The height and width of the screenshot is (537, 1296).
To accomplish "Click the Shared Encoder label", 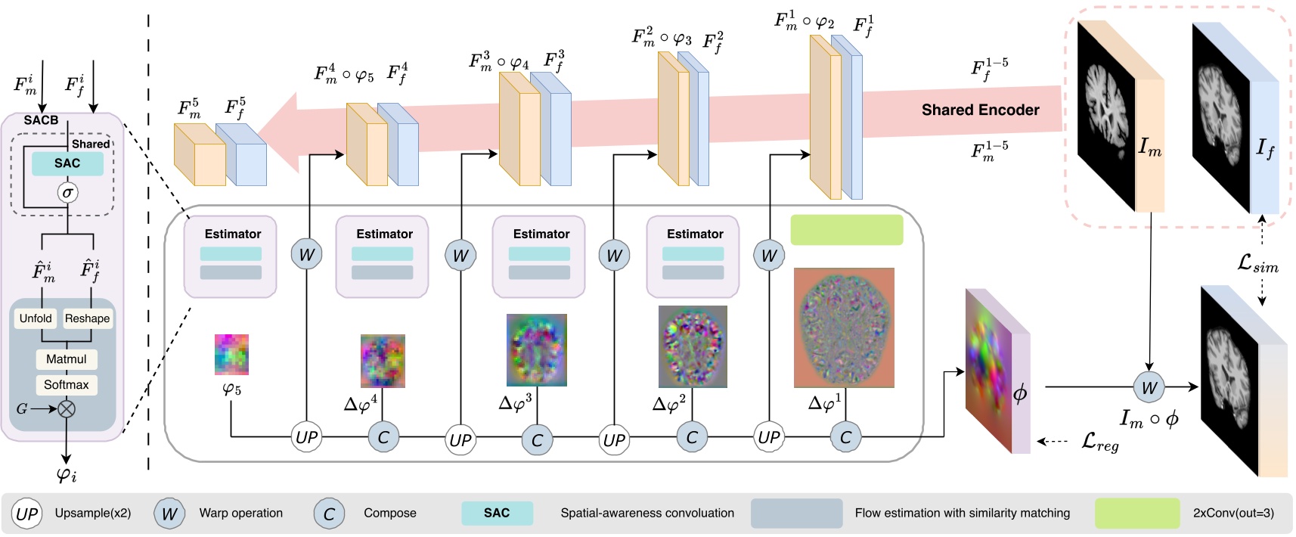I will pyautogui.click(x=980, y=110).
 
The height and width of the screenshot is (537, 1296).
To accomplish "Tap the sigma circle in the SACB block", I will pyautogui.click(x=68, y=192).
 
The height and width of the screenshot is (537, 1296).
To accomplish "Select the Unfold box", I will pyautogui.click(x=36, y=318).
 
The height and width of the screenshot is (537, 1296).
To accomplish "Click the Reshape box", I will pyautogui.click(x=87, y=318).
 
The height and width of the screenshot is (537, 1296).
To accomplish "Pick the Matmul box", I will pyautogui.click(x=67, y=359).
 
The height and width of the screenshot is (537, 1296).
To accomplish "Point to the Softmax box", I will pyautogui.click(x=67, y=385).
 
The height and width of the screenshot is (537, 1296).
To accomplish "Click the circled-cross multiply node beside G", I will pyautogui.click(x=67, y=409).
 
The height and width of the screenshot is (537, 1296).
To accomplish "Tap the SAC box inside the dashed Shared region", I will pyautogui.click(x=67, y=163).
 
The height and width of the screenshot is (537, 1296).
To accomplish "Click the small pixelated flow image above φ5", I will pyautogui.click(x=231, y=355).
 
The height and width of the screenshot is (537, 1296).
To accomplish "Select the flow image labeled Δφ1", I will pyautogui.click(x=844, y=327).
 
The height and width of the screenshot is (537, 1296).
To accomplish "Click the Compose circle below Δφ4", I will pyautogui.click(x=383, y=437).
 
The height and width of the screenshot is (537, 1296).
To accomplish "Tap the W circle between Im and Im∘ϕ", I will pyautogui.click(x=1149, y=388).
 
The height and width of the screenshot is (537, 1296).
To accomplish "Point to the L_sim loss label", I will pyautogui.click(x=1257, y=264).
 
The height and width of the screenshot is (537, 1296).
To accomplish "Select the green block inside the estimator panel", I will pyautogui.click(x=847, y=230).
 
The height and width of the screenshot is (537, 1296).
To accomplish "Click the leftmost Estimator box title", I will pyautogui.click(x=232, y=234).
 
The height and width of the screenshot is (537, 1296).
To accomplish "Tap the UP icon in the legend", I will pyautogui.click(x=26, y=514).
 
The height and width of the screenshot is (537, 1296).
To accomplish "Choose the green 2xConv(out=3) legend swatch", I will pyautogui.click(x=1137, y=514).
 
